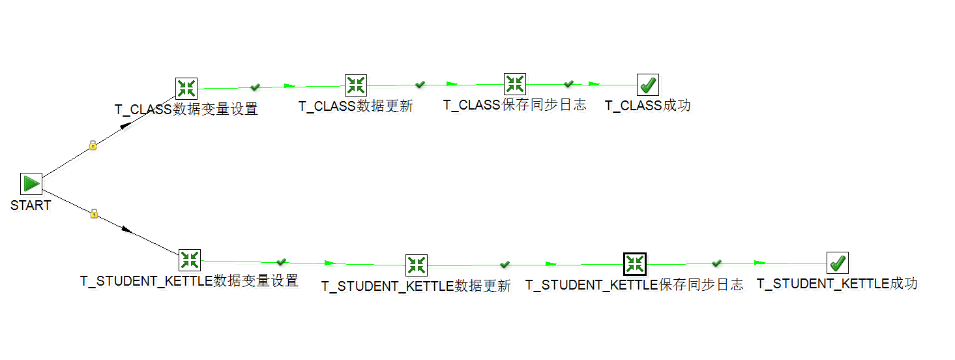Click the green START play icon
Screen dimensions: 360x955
coord(31,184)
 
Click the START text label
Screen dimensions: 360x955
coord(31,205)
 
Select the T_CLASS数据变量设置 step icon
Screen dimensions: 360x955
coord(186,89)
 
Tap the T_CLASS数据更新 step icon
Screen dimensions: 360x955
coord(356,85)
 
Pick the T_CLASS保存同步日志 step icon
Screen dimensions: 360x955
coord(515,84)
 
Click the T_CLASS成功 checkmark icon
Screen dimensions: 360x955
coord(648,85)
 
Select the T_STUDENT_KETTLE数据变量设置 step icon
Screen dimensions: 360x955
coord(190,260)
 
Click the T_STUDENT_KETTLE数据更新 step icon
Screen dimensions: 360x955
coord(417,265)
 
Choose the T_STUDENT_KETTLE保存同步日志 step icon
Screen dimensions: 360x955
coord(634,264)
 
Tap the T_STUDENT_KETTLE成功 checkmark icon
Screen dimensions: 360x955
coord(838,263)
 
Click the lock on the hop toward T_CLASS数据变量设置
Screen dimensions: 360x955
coord(93,145)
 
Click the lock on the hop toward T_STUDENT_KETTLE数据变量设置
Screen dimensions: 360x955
coord(94,213)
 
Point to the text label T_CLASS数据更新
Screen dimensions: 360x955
coord(356,106)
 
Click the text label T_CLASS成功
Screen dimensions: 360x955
coord(647,106)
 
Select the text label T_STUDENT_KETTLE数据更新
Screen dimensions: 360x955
coord(416,286)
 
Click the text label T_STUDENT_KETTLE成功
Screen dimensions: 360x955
coord(837,284)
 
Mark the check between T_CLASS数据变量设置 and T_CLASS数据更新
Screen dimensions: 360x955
coord(256,87)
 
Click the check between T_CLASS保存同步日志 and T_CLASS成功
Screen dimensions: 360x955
coord(568,84)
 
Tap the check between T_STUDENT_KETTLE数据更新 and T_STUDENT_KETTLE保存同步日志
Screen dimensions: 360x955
coord(505,264)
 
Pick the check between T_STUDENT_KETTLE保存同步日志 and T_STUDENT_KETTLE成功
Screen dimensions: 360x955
coord(716,263)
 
